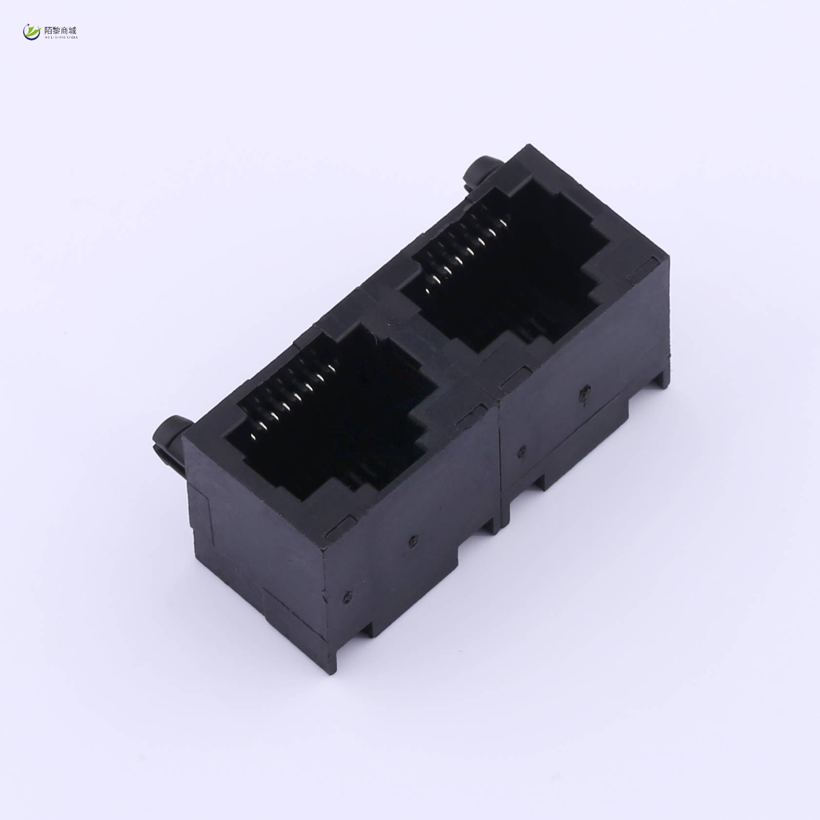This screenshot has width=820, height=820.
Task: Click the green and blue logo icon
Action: tap(32, 32)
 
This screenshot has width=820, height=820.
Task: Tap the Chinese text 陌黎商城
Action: tap(60, 30)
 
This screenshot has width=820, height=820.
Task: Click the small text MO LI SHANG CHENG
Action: tap(60, 37)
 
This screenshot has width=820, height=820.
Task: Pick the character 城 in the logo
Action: tap(73, 30)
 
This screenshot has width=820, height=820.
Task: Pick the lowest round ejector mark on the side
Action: tap(348, 596)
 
